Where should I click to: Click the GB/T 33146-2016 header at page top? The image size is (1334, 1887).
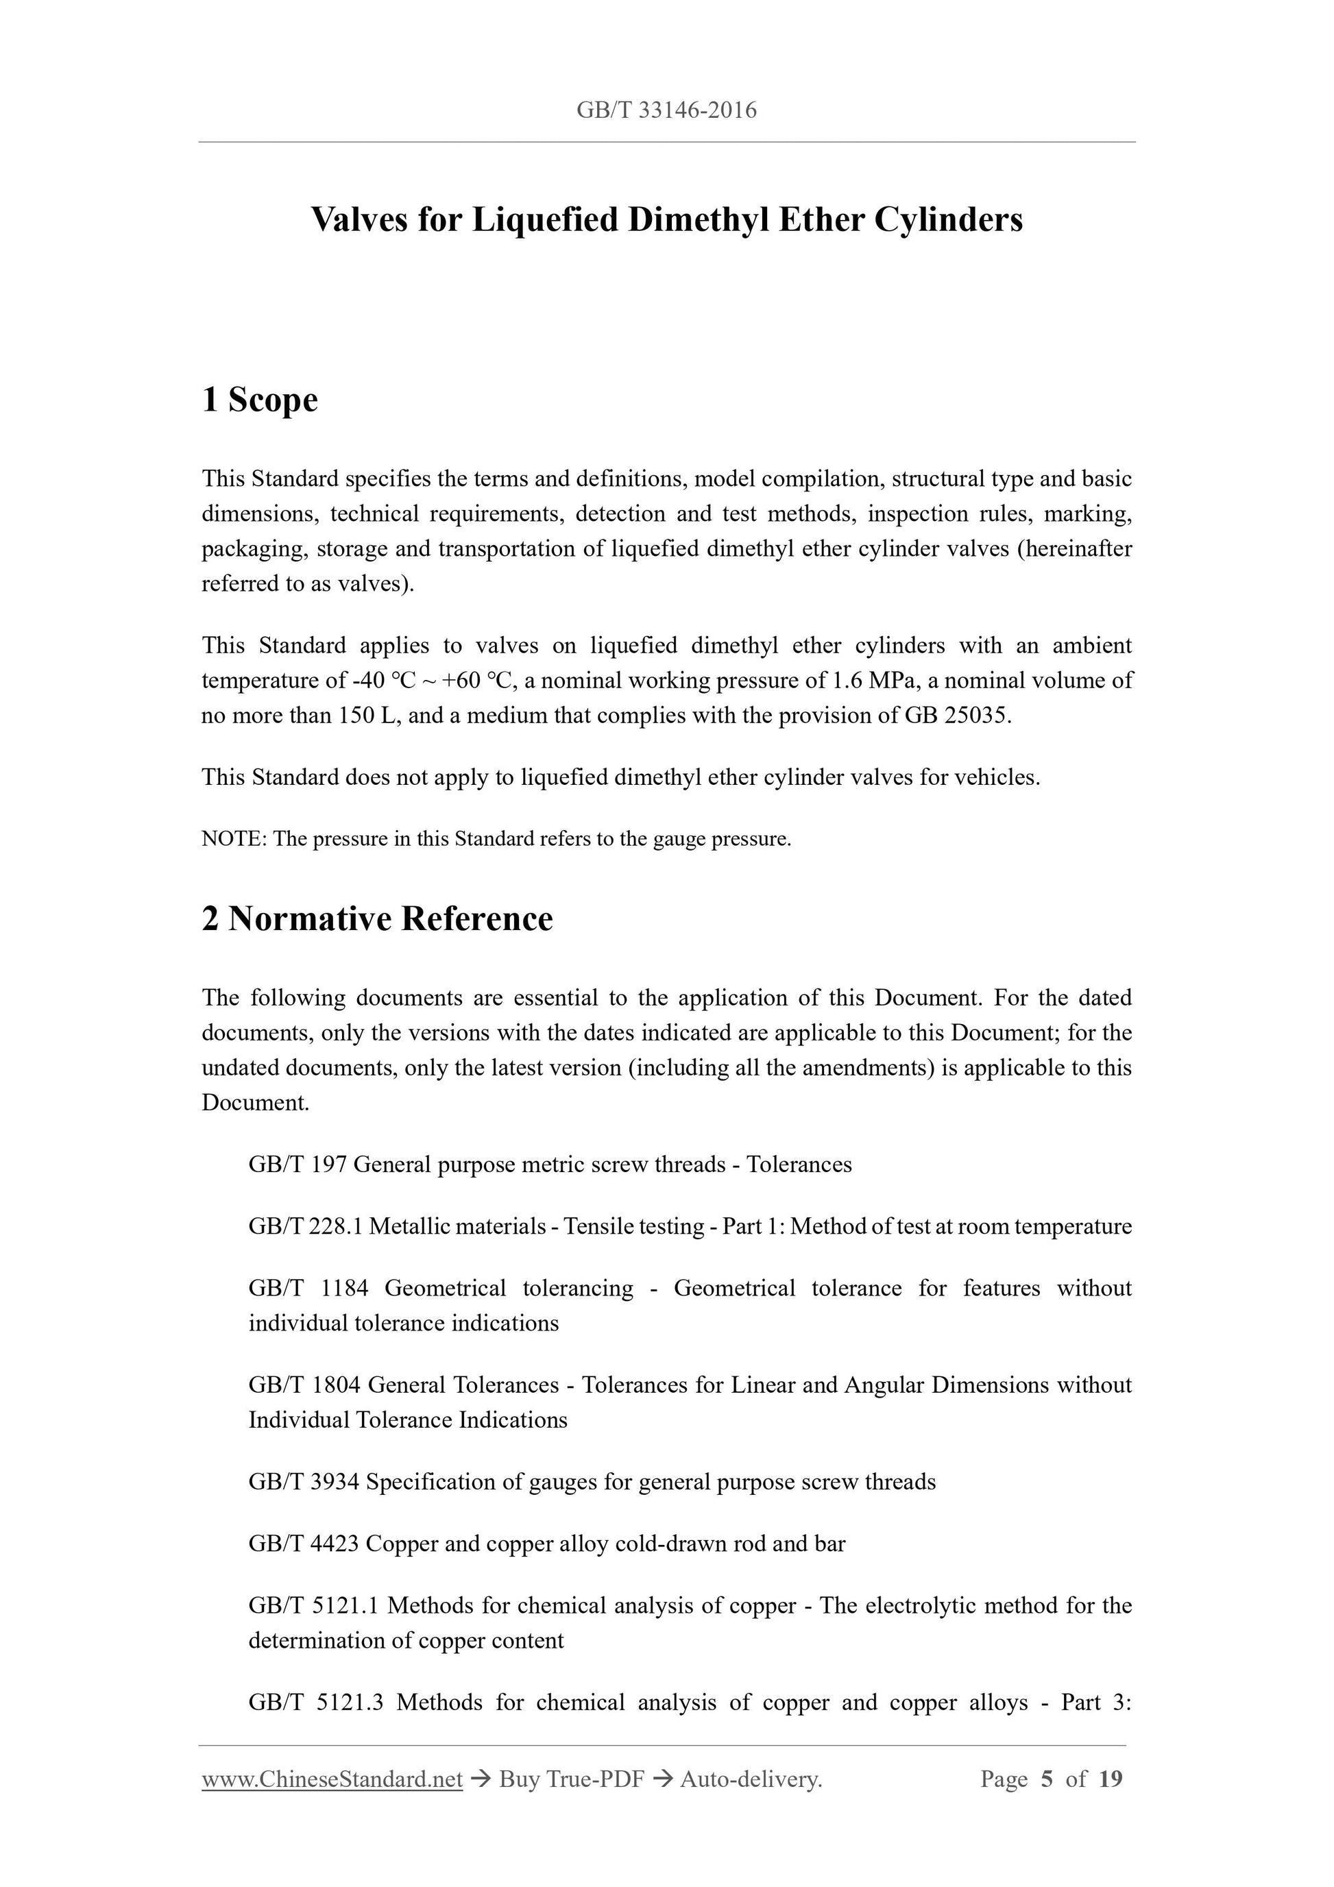[x=666, y=110]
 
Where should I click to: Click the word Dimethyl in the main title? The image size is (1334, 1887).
[x=697, y=219]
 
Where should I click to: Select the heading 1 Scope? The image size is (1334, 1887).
[x=260, y=400]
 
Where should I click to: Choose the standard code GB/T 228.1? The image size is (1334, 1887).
[x=305, y=1226]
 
